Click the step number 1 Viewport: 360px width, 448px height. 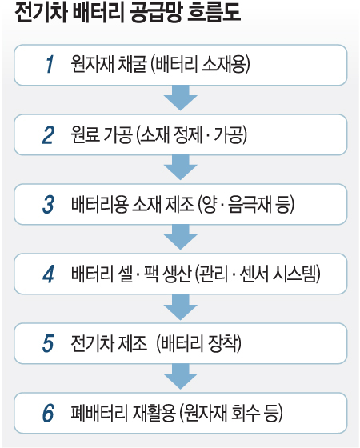coord(50,64)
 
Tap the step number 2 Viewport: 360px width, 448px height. coord(48,134)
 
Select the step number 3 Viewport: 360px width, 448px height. coord(48,204)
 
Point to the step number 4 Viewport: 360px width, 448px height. coord(48,274)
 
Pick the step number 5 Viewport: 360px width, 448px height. coord(48,343)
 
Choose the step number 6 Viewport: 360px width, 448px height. coord(48,413)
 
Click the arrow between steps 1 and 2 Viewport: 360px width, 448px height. coord(181,98)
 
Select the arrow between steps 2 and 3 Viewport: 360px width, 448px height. coord(181,167)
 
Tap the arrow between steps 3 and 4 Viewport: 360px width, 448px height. coord(181,237)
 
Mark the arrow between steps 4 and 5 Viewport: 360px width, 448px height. coord(181,307)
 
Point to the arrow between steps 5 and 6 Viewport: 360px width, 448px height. coord(181,377)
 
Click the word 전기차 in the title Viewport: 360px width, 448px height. coord(41,13)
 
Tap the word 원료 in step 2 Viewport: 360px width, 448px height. coord(85,134)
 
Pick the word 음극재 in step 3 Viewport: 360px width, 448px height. coord(250,204)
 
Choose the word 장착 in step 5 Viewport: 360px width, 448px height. coord(223,343)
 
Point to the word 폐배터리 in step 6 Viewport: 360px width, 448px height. coord(99,413)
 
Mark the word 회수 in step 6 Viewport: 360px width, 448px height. coord(246,413)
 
